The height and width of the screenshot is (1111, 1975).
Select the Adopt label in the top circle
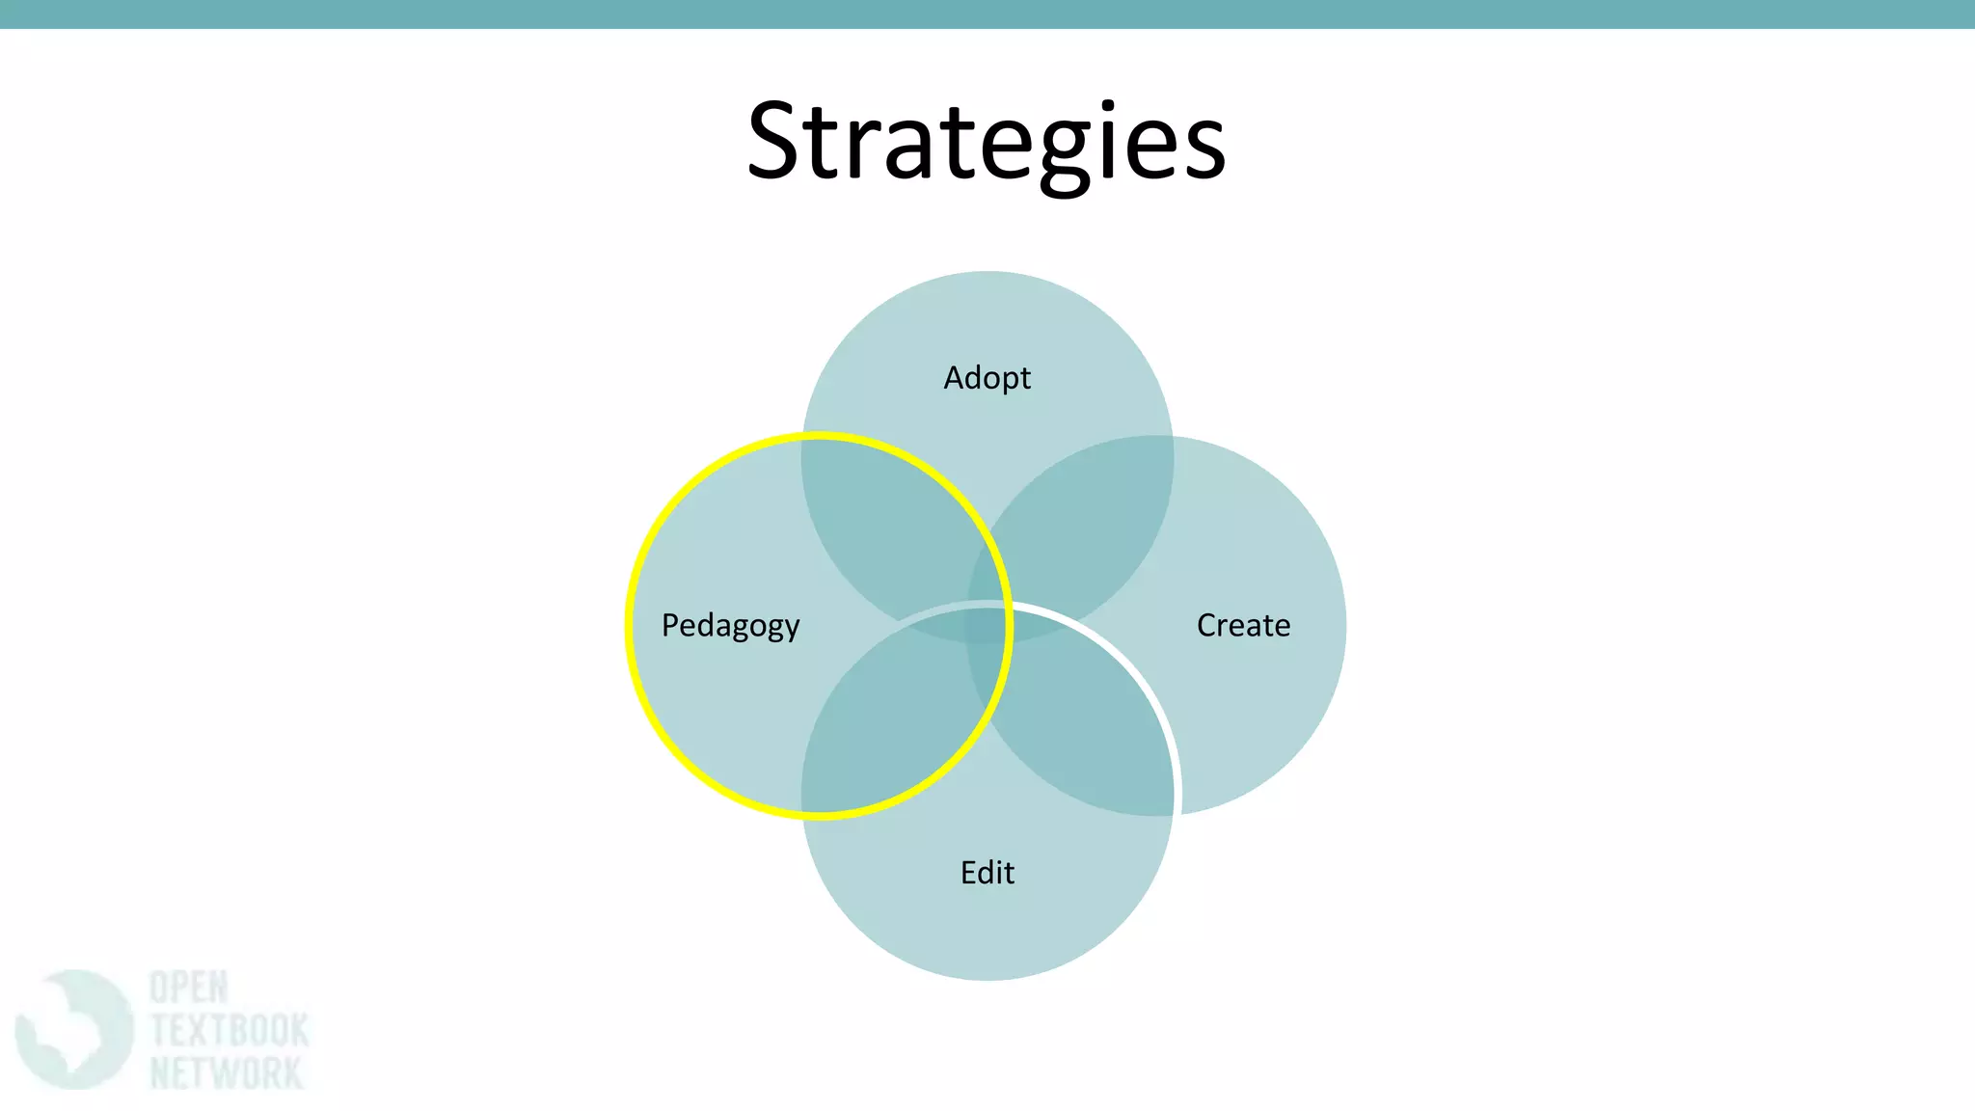pyautogui.click(x=987, y=377)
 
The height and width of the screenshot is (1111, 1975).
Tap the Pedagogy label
pyautogui.click(x=730, y=625)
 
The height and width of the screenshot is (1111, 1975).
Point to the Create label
pyautogui.click(x=1243, y=625)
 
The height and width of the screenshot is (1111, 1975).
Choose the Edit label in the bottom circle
pyautogui.click(x=987, y=872)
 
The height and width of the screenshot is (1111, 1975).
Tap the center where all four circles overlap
pyautogui.click(x=987, y=625)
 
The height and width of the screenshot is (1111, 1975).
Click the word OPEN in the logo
pyautogui.click(x=189, y=988)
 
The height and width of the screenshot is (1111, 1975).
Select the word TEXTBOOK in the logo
pyautogui.click(x=230, y=1030)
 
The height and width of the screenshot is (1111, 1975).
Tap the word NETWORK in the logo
pyautogui.click(x=227, y=1072)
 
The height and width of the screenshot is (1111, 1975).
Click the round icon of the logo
pyautogui.click(x=73, y=1029)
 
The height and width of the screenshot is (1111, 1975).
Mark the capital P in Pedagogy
pyautogui.click(x=670, y=625)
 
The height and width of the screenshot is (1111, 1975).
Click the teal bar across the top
pyautogui.click(x=987, y=14)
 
